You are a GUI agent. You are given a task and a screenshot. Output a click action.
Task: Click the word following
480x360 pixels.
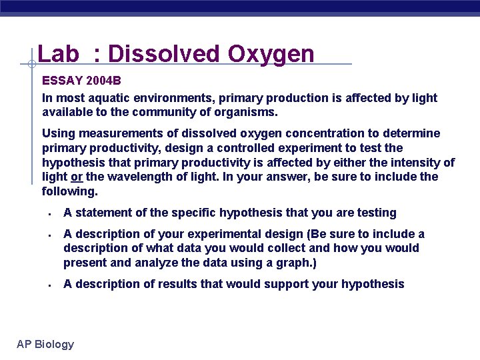tap(69, 191)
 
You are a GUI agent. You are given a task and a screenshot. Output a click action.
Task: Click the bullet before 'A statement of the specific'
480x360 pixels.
tap(49, 214)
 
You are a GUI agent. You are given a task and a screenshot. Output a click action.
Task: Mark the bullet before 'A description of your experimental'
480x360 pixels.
tap(49, 235)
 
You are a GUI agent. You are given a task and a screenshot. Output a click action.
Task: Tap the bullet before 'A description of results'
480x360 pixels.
tap(49, 285)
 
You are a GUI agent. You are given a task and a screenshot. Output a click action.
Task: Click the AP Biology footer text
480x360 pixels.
tap(45, 344)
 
